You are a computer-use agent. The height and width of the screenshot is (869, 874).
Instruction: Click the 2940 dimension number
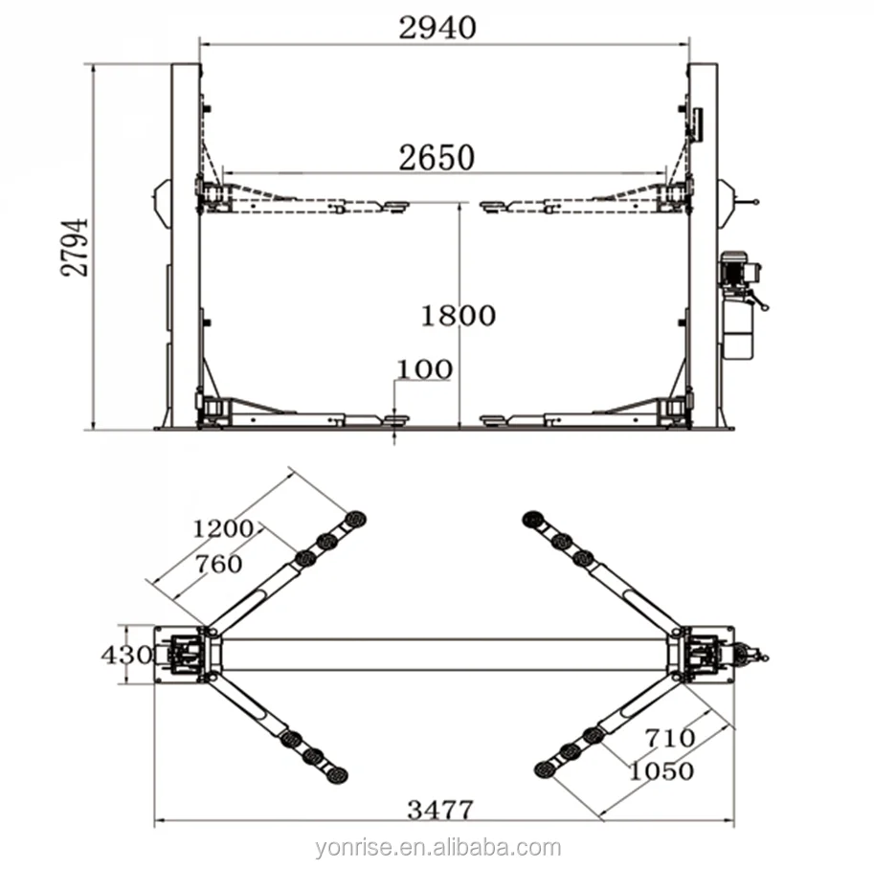tap(437, 28)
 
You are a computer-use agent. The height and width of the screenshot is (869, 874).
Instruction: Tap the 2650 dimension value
tap(437, 158)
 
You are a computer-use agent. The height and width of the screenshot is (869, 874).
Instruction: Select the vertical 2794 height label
tap(75, 247)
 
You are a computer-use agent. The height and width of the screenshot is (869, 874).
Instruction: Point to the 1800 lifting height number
tap(459, 316)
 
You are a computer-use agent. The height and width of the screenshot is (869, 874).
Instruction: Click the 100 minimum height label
tap(424, 369)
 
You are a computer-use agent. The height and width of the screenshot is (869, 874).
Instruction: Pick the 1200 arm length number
tap(223, 528)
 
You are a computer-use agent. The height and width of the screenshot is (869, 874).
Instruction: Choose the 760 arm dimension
tap(218, 565)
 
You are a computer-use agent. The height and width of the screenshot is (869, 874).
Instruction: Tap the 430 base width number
tap(126, 655)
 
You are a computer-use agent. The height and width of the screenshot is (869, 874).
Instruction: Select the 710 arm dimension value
tap(670, 738)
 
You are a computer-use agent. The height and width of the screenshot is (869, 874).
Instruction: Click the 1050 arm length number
tap(661, 771)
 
